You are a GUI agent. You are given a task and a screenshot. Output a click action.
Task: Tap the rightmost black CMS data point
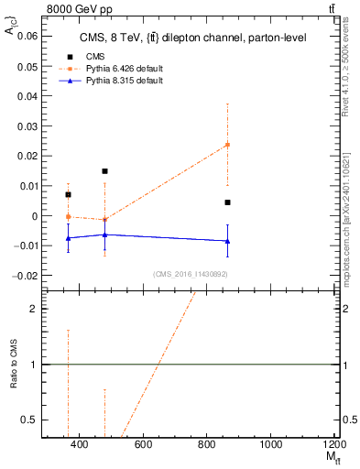click(x=227, y=202)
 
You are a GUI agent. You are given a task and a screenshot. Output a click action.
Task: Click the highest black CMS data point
click(x=104, y=171)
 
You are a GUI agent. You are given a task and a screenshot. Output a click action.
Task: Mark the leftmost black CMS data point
click(x=68, y=194)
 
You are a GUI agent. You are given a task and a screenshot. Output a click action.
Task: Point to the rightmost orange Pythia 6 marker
click(x=227, y=145)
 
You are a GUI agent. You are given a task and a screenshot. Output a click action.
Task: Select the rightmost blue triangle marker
click(x=227, y=241)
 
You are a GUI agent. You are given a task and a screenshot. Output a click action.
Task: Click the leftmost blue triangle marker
click(x=68, y=238)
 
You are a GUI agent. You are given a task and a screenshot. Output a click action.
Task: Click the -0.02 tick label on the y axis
click(x=26, y=275)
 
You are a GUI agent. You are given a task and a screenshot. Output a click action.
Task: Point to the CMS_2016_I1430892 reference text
click(x=189, y=274)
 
